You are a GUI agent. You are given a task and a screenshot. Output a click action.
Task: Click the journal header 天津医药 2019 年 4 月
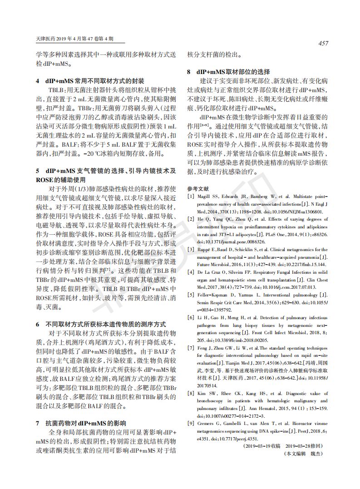pos(68,40)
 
